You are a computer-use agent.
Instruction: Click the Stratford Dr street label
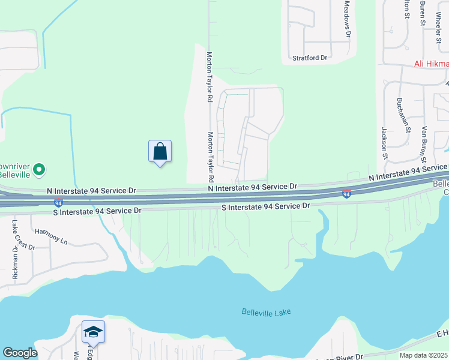309,58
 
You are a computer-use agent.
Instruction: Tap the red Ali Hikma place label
431,64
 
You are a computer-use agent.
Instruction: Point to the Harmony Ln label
52,235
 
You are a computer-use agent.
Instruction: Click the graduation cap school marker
93,332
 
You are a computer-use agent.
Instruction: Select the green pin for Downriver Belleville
40,170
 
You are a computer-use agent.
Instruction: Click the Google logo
20,353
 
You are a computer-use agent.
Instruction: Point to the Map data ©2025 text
423,355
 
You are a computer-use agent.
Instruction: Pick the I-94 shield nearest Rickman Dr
58,203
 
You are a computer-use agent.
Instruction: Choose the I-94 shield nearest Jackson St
347,194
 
